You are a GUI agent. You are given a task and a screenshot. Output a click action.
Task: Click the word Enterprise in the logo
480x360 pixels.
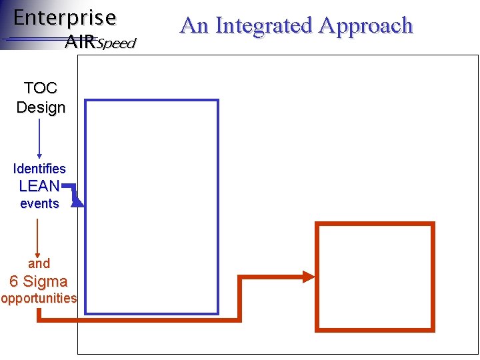(x=65, y=17)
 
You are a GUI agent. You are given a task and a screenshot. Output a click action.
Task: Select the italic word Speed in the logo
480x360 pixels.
(x=116, y=44)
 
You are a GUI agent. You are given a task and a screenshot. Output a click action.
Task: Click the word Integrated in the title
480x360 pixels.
(x=264, y=25)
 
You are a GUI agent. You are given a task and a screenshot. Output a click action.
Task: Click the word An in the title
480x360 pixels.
(x=194, y=25)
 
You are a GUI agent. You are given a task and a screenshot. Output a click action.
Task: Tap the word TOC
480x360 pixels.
(x=40, y=88)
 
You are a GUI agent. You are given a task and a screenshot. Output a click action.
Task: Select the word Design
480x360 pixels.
(x=41, y=107)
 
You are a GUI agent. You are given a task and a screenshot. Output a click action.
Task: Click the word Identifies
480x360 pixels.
(x=39, y=169)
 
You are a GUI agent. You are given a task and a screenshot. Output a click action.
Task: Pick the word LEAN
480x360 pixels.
(x=39, y=186)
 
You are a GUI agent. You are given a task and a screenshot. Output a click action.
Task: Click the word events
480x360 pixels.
(x=39, y=203)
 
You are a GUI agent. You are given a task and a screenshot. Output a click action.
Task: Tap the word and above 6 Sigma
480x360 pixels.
(x=39, y=263)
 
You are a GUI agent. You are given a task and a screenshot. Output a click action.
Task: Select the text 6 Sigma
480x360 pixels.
(x=39, y=281)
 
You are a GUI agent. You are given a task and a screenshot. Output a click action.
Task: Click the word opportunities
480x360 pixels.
(x=39, y=298)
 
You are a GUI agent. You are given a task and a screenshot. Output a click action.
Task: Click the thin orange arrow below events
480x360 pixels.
(x=37, y=237)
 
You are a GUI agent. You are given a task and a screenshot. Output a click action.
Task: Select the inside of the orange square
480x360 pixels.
(x=375, y=276)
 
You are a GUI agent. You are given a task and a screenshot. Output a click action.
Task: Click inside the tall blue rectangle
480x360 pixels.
(x=152, y=207)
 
